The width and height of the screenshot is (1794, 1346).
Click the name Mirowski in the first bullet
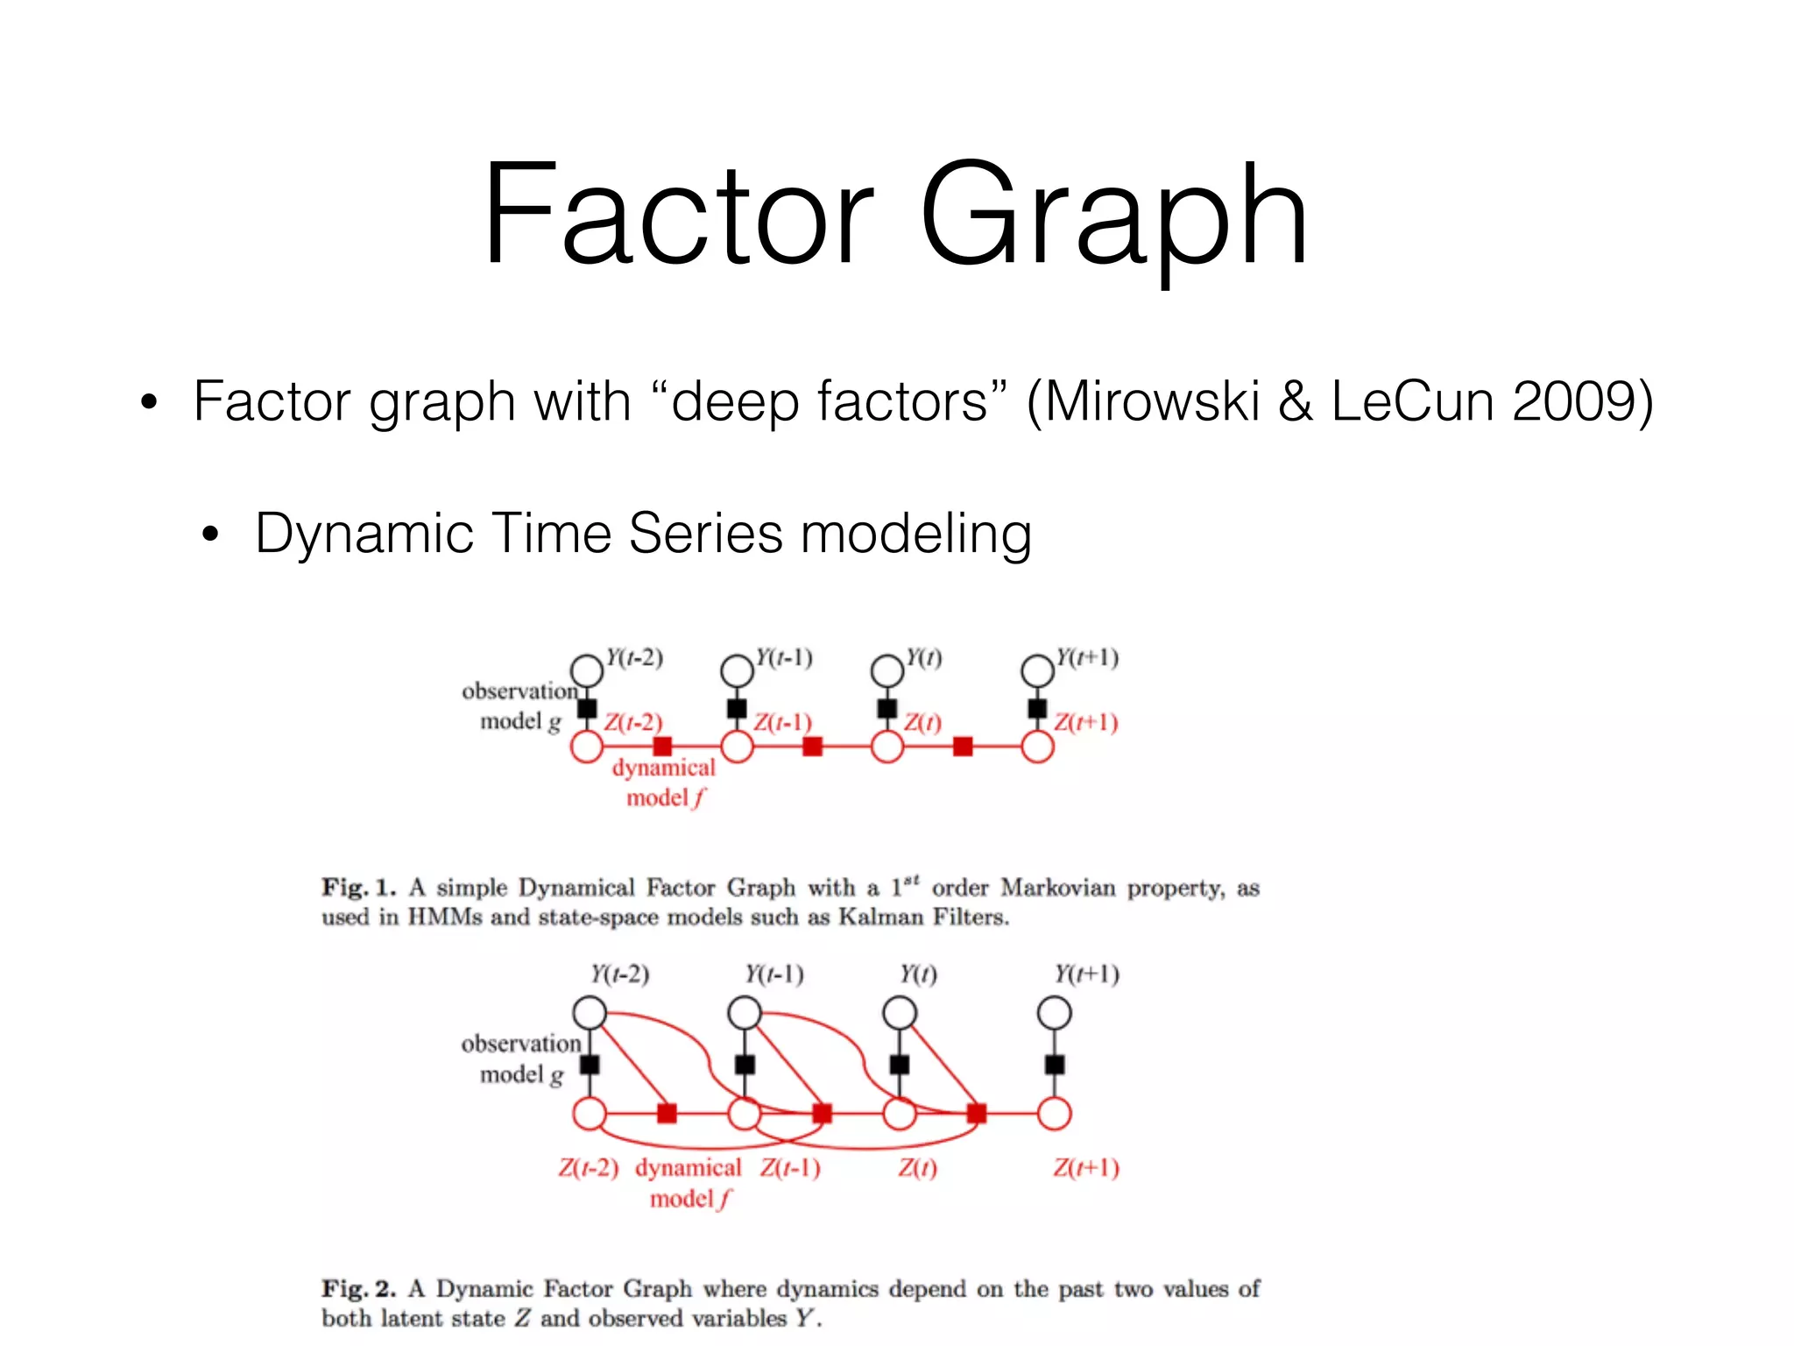[x=1153, y=402]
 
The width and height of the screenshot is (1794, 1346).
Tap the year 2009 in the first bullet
[x=1573, y=402]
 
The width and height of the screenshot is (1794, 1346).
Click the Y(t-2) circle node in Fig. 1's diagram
[x=587, y=671]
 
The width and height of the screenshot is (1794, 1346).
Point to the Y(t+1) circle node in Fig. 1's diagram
[x=1038, y=671]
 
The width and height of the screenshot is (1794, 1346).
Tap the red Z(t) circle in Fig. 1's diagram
[x=887, y=747]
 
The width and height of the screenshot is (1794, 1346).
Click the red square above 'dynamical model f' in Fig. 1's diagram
[x=663, y=747]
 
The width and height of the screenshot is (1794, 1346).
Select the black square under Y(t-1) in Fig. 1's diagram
[x=738, y=708]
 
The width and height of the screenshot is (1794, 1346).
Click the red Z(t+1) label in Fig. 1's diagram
[x=1086, y=723]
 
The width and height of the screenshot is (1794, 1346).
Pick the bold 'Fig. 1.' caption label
[x=358, y=888]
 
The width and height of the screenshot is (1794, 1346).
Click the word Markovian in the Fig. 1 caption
[x=1058, y=888]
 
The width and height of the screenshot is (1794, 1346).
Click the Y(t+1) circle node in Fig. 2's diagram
[x=1055, y=1013]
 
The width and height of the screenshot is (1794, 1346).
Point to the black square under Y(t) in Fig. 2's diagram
[x=900, y=1065]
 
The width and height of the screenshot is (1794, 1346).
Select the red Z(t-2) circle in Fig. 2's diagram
[x=590, y=1114]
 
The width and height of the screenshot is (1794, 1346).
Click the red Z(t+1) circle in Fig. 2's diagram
[x=1055, y=1114]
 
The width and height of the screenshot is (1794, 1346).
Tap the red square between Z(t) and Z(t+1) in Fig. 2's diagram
[x=977, y=1114]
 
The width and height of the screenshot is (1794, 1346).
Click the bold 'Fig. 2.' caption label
[x=358, y=1289]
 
